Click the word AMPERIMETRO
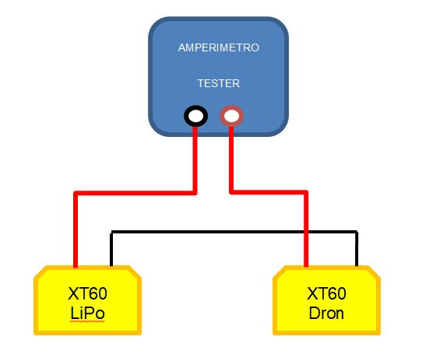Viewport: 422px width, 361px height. (219, 47)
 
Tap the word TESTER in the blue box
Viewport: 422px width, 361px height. (219, 83)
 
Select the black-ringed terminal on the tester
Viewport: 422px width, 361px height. (195, 116)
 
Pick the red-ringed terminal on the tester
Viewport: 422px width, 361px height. (232, 116)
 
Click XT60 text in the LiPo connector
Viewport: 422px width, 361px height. (87, 293)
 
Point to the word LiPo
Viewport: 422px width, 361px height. (87, 314)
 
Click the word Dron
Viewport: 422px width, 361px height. (326, 314)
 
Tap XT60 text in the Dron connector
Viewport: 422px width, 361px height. (326, 293)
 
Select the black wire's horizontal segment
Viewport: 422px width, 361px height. (234, 232)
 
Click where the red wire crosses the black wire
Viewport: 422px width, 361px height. (306, 232)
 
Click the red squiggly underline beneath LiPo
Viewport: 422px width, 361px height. (87, 321)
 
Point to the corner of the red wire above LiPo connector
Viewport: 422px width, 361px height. (76, 193)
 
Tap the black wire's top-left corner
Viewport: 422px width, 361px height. (111, 232)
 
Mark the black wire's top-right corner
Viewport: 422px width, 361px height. (357, 232)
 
